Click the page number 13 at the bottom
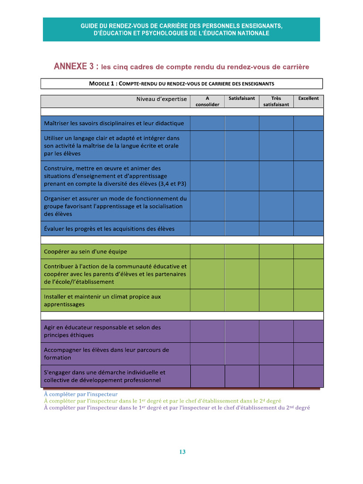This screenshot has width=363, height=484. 182,452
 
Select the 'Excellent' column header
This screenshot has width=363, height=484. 308,99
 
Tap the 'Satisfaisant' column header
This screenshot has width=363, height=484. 242,99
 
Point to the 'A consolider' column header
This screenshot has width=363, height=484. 207,102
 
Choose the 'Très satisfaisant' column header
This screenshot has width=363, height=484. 276,102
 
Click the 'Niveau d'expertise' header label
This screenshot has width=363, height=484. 162,99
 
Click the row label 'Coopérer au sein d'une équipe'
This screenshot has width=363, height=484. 86,251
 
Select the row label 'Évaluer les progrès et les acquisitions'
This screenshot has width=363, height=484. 109,229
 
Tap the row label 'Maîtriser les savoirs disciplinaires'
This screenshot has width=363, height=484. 114,123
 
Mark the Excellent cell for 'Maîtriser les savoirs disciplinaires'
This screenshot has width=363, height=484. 308,123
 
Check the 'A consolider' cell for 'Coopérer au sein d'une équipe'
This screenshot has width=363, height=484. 207,251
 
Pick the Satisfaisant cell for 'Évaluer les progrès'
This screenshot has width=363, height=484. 242,229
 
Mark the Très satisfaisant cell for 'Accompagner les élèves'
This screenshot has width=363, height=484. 276,354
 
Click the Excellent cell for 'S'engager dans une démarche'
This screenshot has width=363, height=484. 308,376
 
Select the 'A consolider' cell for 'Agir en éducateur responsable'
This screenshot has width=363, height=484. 207,331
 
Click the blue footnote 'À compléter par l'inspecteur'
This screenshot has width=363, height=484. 81,394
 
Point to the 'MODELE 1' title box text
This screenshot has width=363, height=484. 181,84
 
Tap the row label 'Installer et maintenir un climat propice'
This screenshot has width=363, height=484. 102,301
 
